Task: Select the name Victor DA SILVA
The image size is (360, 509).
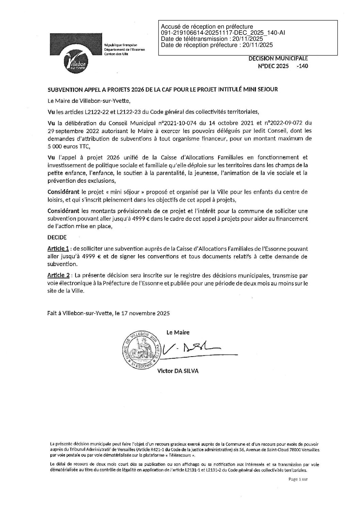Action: click(x=177, y=371)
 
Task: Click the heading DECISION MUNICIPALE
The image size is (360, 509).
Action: click(x=278, y=59)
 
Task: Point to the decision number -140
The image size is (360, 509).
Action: click(x=302, y=66)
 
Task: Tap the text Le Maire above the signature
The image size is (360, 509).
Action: click(x=178, y=332)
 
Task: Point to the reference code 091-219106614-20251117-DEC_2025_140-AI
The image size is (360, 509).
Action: click(x=223, y=33)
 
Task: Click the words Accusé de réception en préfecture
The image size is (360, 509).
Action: click(x=207, y=27)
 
